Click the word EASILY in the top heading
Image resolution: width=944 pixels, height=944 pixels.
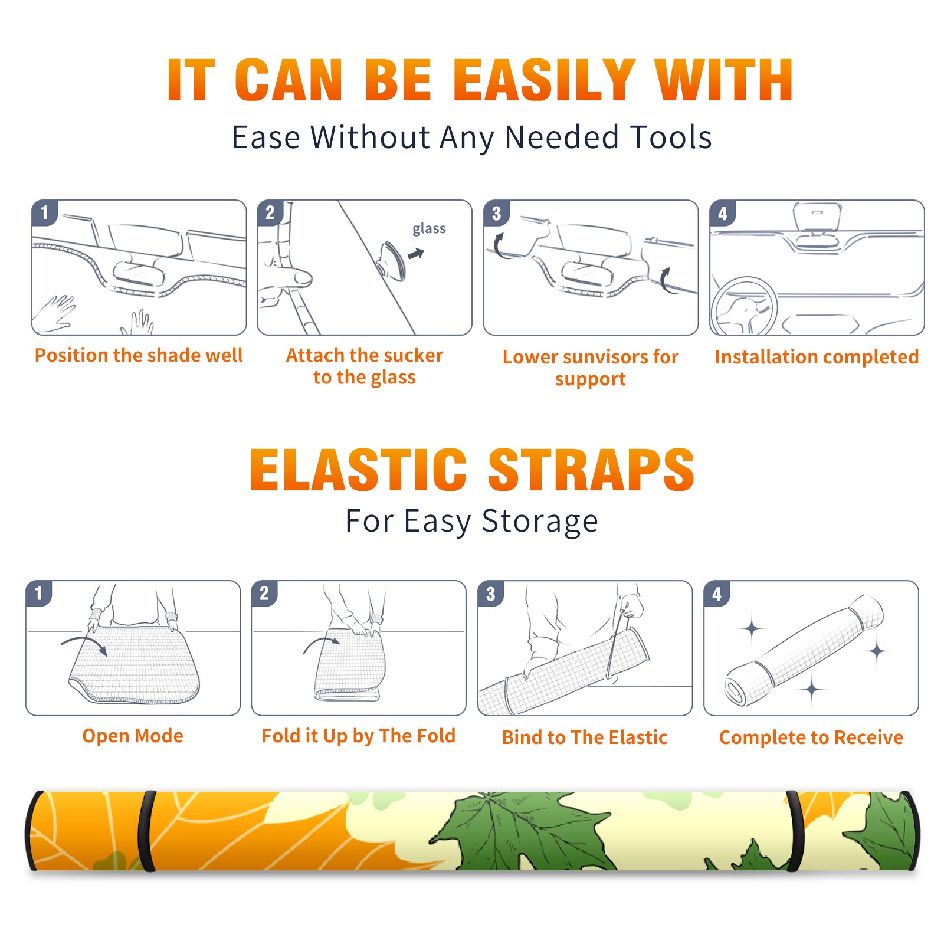click(x=543, y=80)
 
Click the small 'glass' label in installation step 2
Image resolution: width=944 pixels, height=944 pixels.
click(x=429, y=229)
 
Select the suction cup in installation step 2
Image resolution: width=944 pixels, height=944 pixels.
click(x=393, y=260)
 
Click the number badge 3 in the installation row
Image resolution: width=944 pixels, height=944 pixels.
click(x=496, y=214)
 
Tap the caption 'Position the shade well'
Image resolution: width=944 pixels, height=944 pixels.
click(x=139, y=355)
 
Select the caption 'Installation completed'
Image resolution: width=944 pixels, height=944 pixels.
click(x=817, y=357)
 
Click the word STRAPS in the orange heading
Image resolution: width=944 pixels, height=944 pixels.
click(x=591, y=470)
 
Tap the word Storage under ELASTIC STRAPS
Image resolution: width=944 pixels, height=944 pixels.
click(x=540, y=522)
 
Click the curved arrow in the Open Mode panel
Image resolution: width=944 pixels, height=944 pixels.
click(x=84, y=644)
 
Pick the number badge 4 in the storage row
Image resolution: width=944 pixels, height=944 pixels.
click(x=717, y=594)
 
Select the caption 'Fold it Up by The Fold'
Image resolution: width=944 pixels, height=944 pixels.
click(x=359, y=736)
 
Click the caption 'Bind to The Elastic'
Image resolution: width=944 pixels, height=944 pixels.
click(x=585, y=737)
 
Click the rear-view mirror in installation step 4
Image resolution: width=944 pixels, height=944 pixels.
click(x=817, y=217)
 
